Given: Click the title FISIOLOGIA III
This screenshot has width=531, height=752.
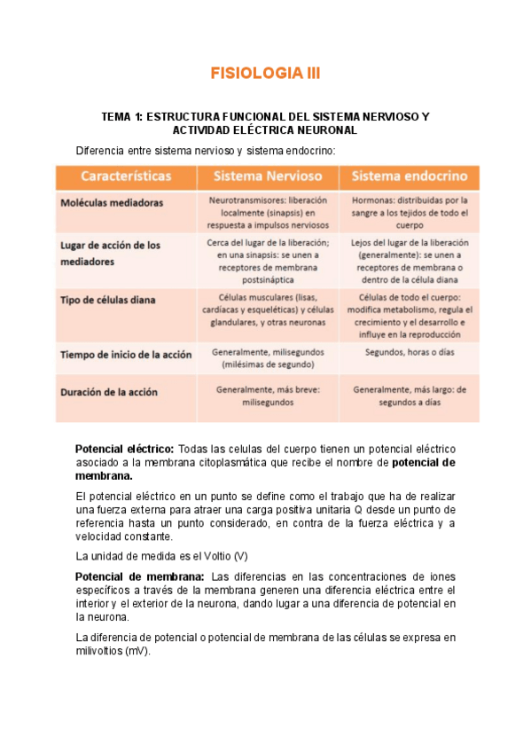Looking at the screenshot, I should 265,74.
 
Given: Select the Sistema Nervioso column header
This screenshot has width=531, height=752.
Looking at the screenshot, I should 267,176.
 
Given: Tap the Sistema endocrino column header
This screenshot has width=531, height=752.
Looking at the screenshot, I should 410,176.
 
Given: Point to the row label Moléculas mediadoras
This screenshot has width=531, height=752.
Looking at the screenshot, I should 112,202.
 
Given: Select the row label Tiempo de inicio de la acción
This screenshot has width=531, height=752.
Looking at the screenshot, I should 126,355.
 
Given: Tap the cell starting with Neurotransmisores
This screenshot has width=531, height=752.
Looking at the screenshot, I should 267,213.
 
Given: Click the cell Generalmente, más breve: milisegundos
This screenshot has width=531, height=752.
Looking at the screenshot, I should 267,394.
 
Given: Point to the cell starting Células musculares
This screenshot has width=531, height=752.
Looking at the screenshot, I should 267,310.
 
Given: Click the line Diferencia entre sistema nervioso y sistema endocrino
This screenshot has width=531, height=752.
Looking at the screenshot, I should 206,150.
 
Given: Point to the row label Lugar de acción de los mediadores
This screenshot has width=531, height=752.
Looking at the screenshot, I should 110,253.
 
